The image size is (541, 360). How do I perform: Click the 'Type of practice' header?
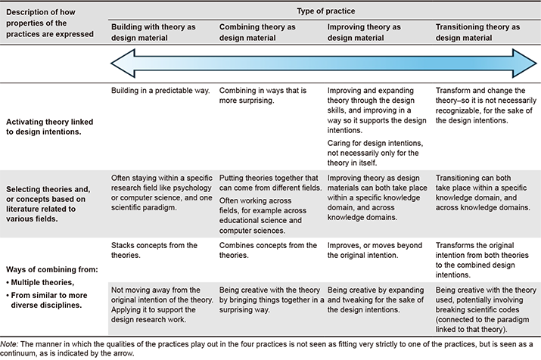coord(325,11)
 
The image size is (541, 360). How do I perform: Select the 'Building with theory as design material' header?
coord(153,33)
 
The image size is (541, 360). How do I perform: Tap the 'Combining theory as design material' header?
coord(257,33)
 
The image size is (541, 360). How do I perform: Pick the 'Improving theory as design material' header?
coord(364,33)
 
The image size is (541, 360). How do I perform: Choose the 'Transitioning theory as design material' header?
coord(477,33)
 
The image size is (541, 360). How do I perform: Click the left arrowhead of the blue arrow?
coord(123,64)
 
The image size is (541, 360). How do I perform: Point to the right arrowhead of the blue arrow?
coord(524,64)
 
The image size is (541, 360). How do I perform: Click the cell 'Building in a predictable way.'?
coord(160,91)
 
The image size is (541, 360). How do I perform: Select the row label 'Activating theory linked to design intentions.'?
coord(50,127)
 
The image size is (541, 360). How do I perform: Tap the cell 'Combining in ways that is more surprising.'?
coord(263,95)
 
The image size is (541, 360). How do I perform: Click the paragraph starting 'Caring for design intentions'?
coord(375,153)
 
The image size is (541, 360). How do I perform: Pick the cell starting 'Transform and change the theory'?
coord(486,106)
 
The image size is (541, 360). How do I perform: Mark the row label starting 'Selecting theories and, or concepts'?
coord(48,203)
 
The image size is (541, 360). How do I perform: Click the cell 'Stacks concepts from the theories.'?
coord(154,250)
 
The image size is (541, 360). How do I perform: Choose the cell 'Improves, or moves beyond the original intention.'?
coord(375,250)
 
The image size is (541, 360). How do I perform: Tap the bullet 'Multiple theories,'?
coord(40,282)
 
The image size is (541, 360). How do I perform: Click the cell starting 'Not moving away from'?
coord(162,305)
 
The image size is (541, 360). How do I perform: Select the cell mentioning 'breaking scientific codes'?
coord(486,309)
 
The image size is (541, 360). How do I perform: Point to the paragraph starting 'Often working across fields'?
coord(263,216)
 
